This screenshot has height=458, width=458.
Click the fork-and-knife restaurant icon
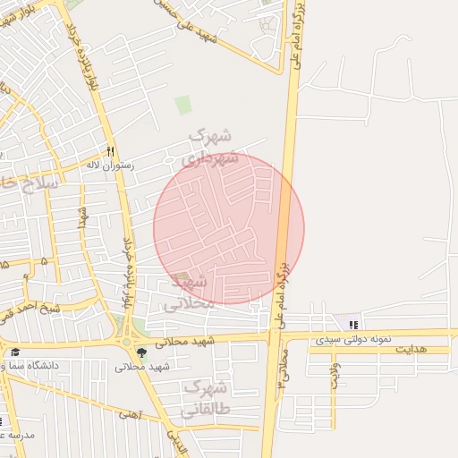coord(111,152)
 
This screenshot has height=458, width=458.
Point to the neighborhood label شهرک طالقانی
coord(203,399)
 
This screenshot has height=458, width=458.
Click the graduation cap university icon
coord(15,352)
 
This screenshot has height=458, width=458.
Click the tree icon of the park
coord(140,352)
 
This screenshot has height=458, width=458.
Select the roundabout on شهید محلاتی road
coord(126,342)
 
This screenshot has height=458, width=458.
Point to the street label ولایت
coord(335,374)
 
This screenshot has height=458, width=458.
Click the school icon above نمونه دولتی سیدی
coord(354,324)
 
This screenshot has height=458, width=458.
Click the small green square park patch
coord(183,105)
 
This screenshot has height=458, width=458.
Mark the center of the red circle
coord(229,229)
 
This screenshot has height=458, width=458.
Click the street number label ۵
coord(44,261)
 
